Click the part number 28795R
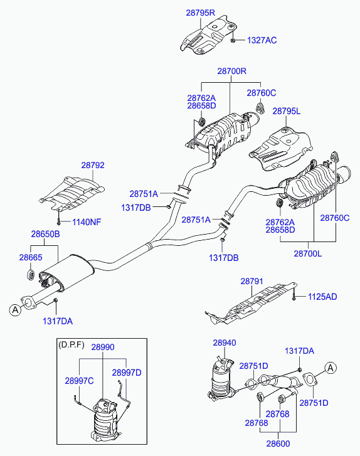click(200, 13)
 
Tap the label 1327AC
click(262, 40)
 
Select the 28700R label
click(232, 71)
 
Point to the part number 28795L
click(287, 111)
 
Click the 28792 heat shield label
click(93, 165)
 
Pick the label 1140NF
click(87, 222)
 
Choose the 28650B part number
click(45, 234)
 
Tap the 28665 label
click(31, 257)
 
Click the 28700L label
click(308, 253)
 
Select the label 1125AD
click(322, 297)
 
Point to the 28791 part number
click(252, 281)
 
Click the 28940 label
click(225, 342)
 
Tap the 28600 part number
click(278, 443)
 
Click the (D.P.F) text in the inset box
click(71, 345)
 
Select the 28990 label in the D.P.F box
click(103, 347)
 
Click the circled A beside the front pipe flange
click(15, 310)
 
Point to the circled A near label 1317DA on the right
click(331, 368)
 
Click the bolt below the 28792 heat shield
click(59, 220)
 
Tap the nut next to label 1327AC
click(233, 40)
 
